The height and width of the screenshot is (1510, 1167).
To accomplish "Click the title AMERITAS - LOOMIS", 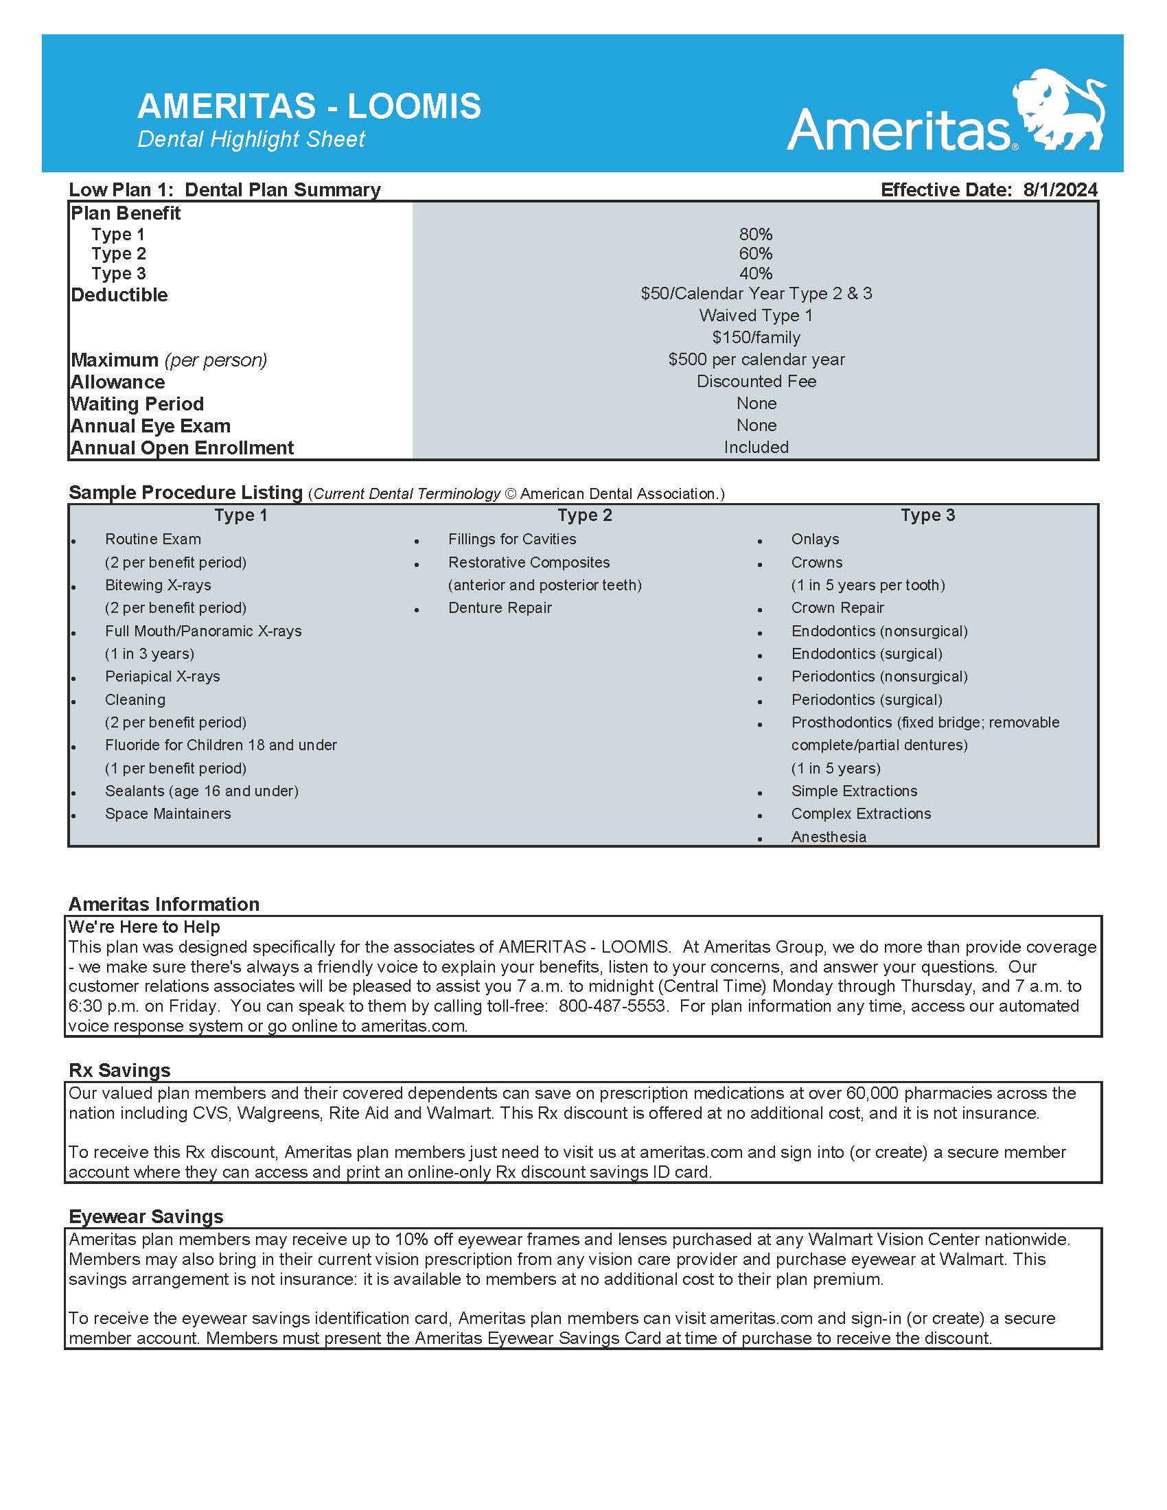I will tap(309, 106).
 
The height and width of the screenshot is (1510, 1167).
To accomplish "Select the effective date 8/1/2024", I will tap(1060, 190).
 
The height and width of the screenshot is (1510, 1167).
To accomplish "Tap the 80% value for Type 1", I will tap(756, 234).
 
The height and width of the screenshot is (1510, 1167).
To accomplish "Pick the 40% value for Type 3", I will tap(756, 274).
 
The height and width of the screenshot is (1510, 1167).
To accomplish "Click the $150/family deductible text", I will tap(756, 338).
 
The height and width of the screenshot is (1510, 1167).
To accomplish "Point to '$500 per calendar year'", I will tap(756, 360).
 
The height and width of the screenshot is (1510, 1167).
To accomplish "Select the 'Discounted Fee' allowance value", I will tap(756, 382).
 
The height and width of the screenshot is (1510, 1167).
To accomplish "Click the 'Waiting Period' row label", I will tap(137, 404).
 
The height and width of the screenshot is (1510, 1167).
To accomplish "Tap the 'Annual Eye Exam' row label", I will tap(151, 426).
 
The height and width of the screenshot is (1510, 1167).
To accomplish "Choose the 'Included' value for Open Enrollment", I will tap(756, 448).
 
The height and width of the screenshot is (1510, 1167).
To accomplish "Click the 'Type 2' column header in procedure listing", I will tap(585, 515).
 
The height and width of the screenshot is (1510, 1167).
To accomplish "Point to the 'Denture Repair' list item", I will tap(500, 607).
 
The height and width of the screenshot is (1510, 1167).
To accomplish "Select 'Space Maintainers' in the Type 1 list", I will tap(168, 814).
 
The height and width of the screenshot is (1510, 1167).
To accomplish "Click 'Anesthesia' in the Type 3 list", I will tap(829, 837).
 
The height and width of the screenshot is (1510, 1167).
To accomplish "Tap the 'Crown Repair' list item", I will tap(837, 607).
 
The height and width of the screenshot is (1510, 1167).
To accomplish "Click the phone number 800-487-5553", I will tap(612, 1006).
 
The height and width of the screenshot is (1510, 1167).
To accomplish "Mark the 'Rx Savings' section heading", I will tap(119, 1070).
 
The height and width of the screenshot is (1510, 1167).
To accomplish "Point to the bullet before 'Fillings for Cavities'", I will tap(417, 542).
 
